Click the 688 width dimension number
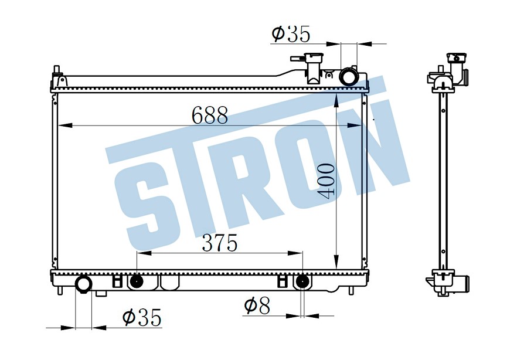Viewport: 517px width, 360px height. (210, 115)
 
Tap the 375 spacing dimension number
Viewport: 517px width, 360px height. (220, 243)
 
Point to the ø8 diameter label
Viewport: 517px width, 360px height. (257, 305)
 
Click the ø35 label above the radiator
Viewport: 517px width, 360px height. (291, 33)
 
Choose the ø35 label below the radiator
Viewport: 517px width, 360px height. (142, 317)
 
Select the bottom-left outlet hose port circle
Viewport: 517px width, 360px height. (83, 284)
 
